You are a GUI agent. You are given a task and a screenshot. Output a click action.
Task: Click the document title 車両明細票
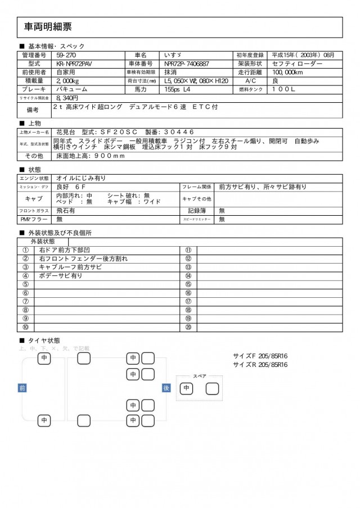(48, 27)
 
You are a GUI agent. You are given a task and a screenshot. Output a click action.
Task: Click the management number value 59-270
(67, 56)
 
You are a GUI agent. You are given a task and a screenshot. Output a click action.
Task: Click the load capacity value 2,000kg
(70, 81)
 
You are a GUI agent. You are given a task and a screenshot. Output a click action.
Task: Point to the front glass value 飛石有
(66, 210)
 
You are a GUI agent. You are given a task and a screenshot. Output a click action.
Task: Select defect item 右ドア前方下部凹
(69, 251)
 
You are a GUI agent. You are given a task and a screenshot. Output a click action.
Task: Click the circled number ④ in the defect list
(25, 276)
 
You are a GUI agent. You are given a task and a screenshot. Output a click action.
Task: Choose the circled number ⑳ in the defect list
(188, 326)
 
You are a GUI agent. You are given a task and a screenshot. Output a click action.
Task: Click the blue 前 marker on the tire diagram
(22, 388)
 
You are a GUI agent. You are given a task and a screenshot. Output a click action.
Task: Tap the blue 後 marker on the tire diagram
(166, 388)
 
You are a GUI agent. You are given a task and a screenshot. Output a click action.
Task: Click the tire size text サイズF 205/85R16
(260, 356)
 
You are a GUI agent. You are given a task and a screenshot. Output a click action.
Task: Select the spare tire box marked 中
(187, 388)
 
